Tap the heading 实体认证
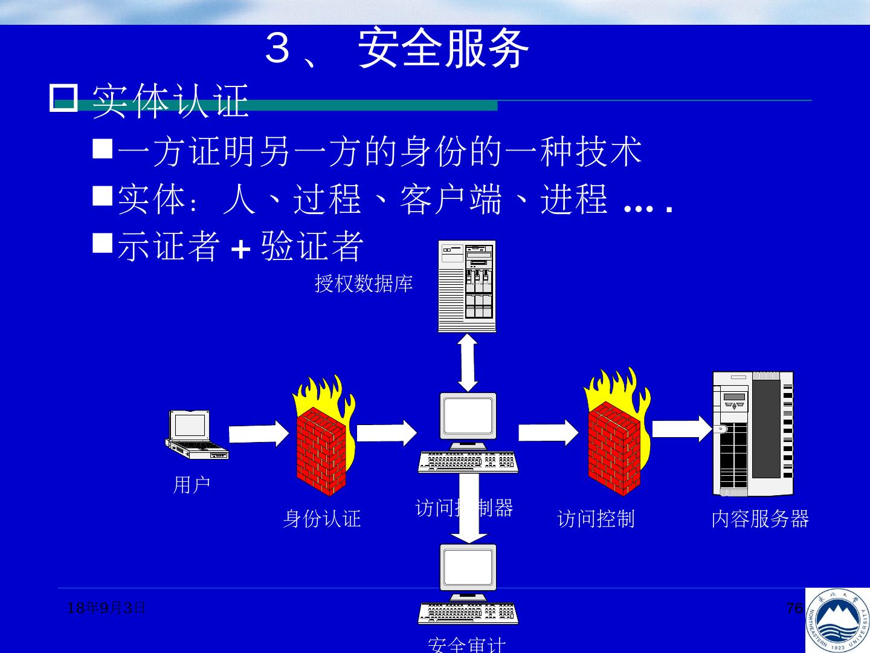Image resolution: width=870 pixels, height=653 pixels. coord(170,100)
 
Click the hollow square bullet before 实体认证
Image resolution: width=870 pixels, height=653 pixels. coord(63,99)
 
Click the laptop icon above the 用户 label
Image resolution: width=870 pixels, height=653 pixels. coord(196,434)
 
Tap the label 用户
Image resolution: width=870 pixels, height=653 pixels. coord(192,485)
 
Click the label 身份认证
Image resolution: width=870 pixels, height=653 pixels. coord(322,519)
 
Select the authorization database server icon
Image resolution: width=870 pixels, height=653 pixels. coord(467,286)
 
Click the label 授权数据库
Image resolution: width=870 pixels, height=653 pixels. coord(364,283)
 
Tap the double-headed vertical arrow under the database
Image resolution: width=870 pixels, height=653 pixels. coord(468,363)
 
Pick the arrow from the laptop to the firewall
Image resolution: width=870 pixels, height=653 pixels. coord(259,434)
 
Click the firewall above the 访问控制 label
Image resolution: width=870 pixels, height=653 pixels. coord(615,434)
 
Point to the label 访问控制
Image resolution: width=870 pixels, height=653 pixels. coord(596,519)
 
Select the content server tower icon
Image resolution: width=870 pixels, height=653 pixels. coord(753,434)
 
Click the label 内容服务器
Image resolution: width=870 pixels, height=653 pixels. coord(760,519)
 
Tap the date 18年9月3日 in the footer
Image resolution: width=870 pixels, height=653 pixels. coord(106,608)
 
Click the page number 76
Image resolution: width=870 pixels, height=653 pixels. coord(794,608)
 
